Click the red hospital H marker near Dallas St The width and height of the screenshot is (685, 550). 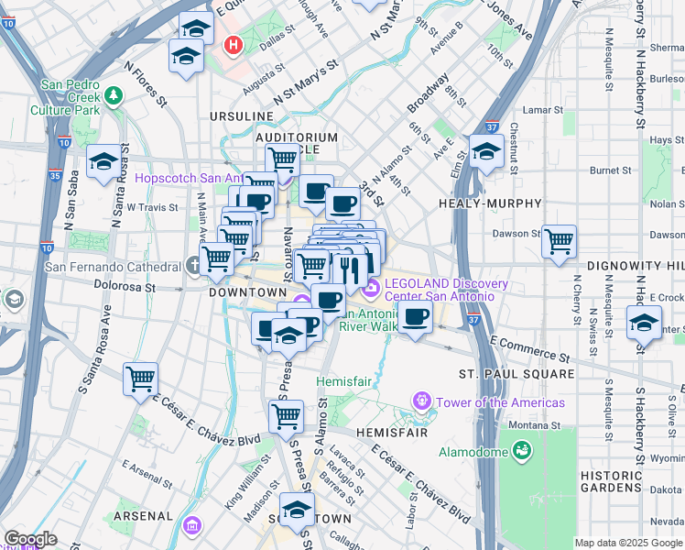pos(234,43)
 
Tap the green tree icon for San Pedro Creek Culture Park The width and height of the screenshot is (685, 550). pos(114,94)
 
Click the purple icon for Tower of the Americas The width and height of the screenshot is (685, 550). pos(421,401)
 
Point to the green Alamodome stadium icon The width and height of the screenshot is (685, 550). pos(522,450)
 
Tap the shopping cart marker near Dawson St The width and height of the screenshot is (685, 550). pos(559,242)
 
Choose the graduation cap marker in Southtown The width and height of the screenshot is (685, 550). pos(296,510)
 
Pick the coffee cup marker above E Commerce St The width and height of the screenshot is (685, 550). pos(416,318)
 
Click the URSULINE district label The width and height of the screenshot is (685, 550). pos(242,116)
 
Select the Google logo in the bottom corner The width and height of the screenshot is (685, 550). pos(30,539)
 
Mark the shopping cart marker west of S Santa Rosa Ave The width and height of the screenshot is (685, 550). pos(140,378)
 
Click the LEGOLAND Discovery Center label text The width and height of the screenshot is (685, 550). pos(440,290)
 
